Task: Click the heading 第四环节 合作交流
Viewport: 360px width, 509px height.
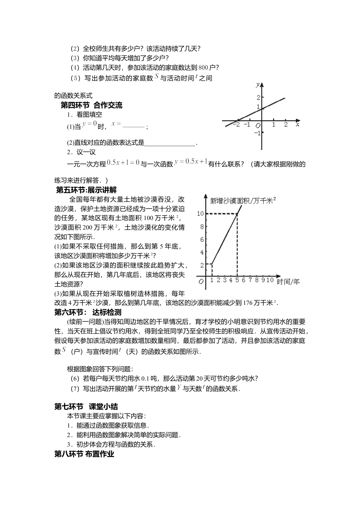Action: [x=92, y=105]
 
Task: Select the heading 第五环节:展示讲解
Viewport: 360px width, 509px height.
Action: [x=86, y=190]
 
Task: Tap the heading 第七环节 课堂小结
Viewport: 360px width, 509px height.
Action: [x=86, y=407]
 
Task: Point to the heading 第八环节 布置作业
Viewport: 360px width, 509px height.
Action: [x=84, y=454]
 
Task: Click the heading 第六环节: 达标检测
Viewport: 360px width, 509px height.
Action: [x=88, y=312]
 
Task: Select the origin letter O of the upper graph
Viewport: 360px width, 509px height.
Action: [x=258, y=125]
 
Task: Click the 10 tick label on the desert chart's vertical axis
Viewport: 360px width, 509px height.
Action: [x=200, y=214]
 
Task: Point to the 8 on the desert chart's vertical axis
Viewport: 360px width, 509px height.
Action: [x=202, y=226]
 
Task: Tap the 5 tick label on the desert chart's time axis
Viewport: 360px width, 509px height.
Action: [x=238, y=280]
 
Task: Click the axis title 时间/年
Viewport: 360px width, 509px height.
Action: [x=288, y=281]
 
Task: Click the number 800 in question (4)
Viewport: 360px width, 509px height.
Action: [x=203, y=68]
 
